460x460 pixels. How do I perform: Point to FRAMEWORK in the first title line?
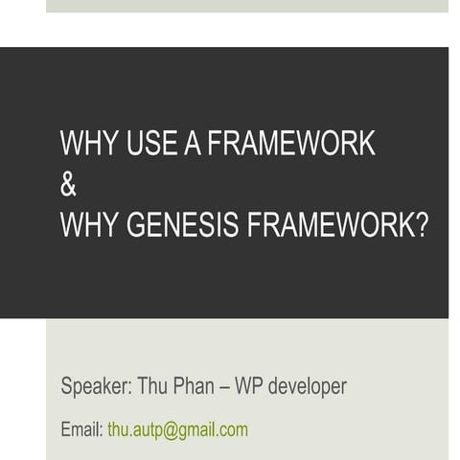coord(291,143)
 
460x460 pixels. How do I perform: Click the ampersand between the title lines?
coord(68,185)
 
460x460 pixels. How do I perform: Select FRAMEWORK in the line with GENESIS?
coord(332,225)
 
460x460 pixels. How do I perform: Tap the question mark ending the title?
coord(422,225)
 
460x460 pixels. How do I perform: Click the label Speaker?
coord(96,386)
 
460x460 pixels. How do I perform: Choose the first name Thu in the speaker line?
coord(153,386)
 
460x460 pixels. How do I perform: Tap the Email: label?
coord(81,429)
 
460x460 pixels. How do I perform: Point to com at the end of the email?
coord(235,430)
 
